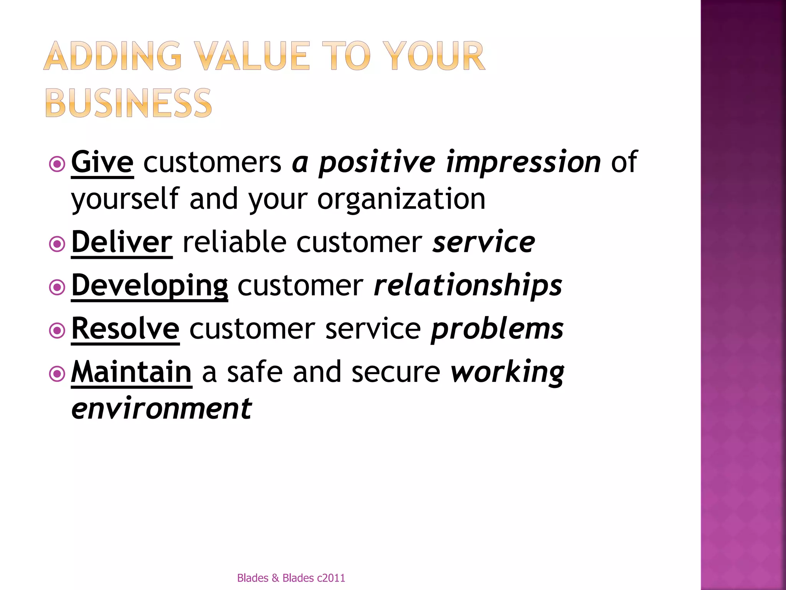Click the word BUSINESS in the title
128,103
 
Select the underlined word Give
102,162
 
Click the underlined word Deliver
122,242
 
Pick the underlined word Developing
150,286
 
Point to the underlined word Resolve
125,329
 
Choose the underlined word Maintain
131,372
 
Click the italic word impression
523,162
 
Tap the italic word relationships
468,286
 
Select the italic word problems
497,329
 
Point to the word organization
401,199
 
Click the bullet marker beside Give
57,165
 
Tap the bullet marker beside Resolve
57,331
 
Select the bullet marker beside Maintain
57,374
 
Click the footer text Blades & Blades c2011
291,578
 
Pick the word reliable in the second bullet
234,242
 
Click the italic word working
507,372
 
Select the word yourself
125,199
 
